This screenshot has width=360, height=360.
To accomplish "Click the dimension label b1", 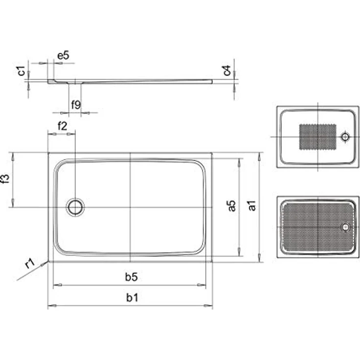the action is pos(132,297).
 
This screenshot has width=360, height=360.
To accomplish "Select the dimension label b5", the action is pos(131,277).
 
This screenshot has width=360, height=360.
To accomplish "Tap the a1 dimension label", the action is pos(252,205).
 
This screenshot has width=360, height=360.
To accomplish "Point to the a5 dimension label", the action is pos(231,206).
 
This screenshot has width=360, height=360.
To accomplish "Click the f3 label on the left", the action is pos(5,179).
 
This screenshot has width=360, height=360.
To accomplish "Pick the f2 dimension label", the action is pos(62,126).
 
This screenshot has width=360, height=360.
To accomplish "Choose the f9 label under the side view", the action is pos(76,105).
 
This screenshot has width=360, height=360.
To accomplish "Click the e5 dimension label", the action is pos(63,55).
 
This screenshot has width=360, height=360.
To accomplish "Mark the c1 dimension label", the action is pos(22,70).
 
